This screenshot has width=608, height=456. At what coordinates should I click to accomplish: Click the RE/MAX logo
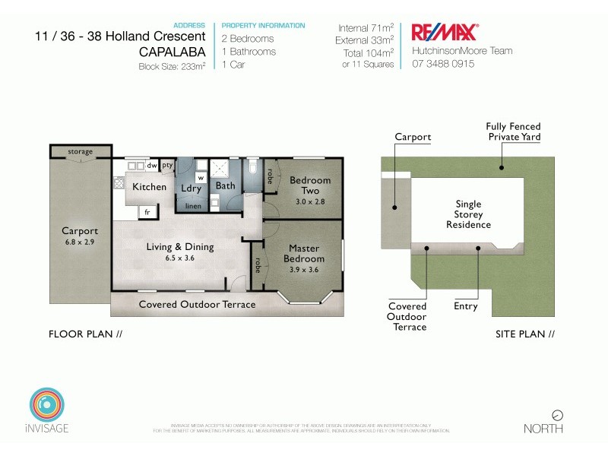(x=444, y=33)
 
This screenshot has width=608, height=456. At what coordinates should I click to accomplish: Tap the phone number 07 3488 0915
(x=443, y=64)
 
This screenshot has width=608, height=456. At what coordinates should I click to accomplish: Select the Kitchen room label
(x=149, y=186)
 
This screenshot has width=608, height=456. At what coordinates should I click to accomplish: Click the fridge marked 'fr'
(x=147, y=211)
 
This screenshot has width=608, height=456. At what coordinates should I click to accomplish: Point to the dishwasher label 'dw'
(x=152, y=165)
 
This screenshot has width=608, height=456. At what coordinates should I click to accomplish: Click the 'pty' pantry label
(x=167, y=165)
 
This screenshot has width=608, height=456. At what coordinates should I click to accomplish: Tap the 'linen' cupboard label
(x=193, y=205)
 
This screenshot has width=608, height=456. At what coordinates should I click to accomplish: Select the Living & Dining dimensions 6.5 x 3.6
(x=180, y=258)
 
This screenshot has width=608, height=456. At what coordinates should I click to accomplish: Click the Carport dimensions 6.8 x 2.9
(x=80, y=242)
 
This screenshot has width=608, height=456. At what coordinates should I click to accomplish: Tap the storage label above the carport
(x=80, y=151)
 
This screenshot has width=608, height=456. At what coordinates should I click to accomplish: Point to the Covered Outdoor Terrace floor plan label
(x=197, y=305)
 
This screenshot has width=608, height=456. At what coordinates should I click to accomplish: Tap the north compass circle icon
(x=558, y=415)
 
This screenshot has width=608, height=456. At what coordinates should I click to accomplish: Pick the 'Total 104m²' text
(x=368, y=52)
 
